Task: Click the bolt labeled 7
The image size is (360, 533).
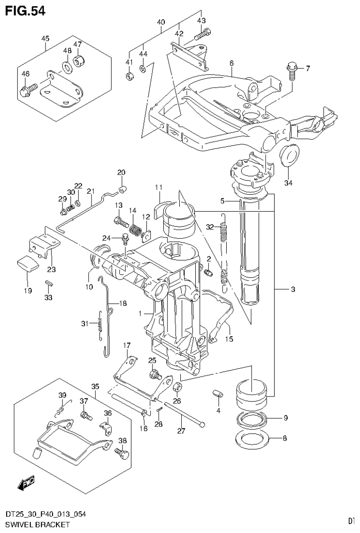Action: click(291, 72)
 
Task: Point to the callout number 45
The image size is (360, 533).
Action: click(45, 38)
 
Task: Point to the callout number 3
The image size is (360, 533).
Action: click(292, 289)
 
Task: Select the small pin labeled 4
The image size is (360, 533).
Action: click(217, 393)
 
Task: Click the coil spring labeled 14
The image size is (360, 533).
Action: click(135, 230)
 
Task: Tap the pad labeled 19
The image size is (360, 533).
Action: click(28, 264)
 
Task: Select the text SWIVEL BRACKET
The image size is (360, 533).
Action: click(35, 524)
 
